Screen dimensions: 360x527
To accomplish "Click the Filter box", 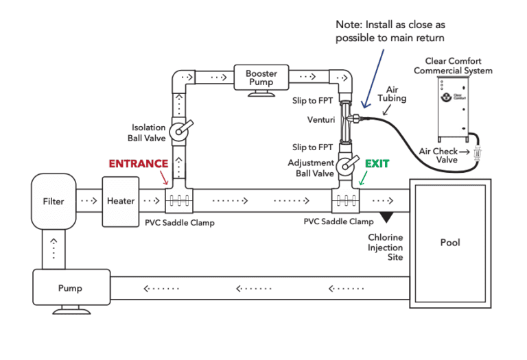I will [x=54, y=202].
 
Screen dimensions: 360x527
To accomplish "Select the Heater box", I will [x=121, y=202].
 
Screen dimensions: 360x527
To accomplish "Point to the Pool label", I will [x=451, y=243].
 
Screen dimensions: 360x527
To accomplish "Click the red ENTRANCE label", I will [x=138, y=164].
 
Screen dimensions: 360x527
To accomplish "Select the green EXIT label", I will [x=377, y=164].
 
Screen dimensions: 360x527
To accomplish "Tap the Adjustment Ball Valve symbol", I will [x=346, y=165].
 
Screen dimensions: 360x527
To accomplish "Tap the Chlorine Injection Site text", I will [x=385, y=248].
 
